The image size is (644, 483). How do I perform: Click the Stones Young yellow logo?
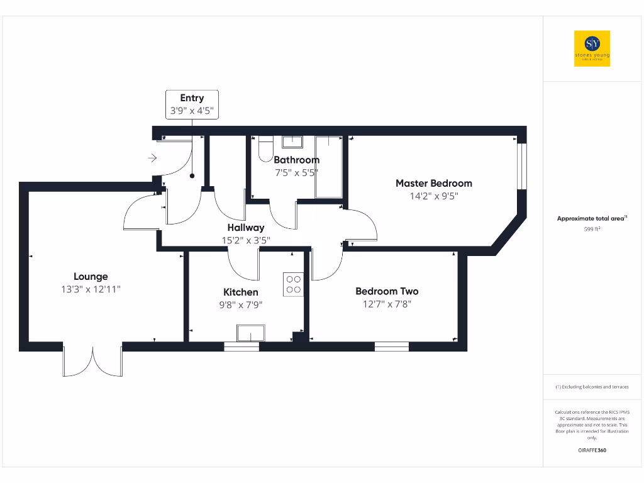coord(592,48)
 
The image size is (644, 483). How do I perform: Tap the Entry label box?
coord(192,104)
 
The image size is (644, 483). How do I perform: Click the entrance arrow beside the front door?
coord(152,158)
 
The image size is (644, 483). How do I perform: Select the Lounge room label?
coord(91,276)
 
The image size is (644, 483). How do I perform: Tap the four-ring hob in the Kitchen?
coord(293,284)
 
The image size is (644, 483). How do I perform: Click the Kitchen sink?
coord(250,333)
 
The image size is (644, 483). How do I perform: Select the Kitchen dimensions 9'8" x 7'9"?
coord(241,304)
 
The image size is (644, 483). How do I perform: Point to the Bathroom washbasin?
coord(292,141)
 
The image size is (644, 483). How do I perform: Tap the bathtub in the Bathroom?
coord(329,167)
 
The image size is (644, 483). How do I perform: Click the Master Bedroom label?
coord(433,183)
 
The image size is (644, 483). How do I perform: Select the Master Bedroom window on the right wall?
coord(521,166)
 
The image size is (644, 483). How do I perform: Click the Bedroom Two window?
coord(392,346)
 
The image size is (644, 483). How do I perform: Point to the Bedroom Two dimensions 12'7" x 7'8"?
coord(387,304)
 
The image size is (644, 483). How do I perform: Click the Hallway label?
coord(246,227)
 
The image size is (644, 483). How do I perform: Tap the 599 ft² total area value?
coord(592,230)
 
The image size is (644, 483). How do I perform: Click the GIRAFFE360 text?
coord(592,450)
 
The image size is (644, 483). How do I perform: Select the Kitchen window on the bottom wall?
coord(241,346)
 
